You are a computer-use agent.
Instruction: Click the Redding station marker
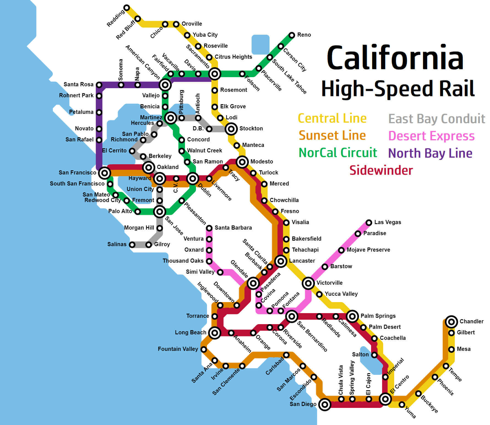127,8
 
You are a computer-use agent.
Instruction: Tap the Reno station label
304,35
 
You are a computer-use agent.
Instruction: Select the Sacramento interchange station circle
215,74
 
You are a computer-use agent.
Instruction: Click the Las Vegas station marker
369,222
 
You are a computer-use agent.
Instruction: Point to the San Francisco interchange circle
105,173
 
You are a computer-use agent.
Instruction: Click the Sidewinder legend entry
381,170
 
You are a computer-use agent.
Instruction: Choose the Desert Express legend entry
431,136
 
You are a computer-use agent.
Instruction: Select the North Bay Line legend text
430,153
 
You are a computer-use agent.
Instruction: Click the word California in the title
395,58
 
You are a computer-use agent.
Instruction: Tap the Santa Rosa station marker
99,85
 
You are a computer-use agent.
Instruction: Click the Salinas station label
117,244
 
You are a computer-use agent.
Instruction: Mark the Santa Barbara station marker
209,228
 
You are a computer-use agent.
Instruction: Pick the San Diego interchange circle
325,404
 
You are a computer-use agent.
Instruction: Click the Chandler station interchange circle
451,322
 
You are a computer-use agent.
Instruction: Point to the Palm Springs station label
378,316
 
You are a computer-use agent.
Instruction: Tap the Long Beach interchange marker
215,333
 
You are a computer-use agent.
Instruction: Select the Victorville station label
330,283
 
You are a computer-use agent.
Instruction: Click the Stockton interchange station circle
231,129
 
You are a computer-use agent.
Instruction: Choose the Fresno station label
290,211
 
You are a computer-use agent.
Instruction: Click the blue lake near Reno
260,44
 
